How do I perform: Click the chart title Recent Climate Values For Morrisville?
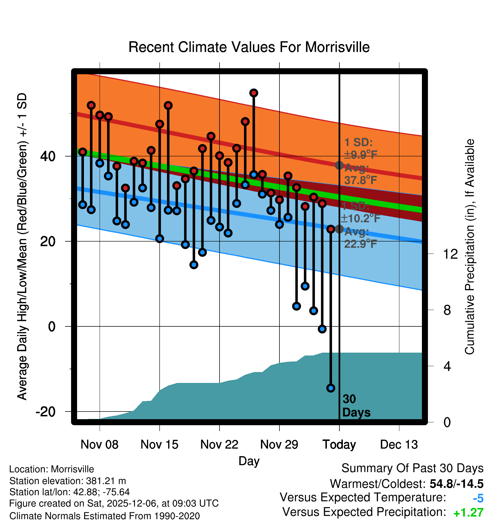[x=249, y=47]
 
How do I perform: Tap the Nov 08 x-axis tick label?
[x=99, y=445]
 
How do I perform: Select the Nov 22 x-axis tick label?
[x=219, y=445]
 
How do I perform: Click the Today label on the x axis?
[x=339, y=445]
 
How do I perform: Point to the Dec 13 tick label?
[x=399, y=445]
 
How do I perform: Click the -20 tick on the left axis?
[x=46, y=412]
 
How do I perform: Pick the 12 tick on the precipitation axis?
[x=450, y=254]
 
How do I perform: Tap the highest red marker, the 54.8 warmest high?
[x=254, y=93]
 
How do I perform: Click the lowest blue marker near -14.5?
[x=331, y=388]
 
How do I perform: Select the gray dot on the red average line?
[x=339, y=165]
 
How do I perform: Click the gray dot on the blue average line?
[x=339, y=229]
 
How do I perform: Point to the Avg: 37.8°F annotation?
[x=360, y=174]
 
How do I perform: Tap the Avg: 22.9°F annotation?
[x=360, y=238]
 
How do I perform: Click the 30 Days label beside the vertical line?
[x=356, y=406]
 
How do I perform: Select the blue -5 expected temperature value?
[x=478, y=499]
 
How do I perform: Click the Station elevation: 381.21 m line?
[x=68, y=481]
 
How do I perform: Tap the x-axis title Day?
[x=249, y=461]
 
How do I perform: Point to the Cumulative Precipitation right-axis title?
[x=470, y=247]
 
